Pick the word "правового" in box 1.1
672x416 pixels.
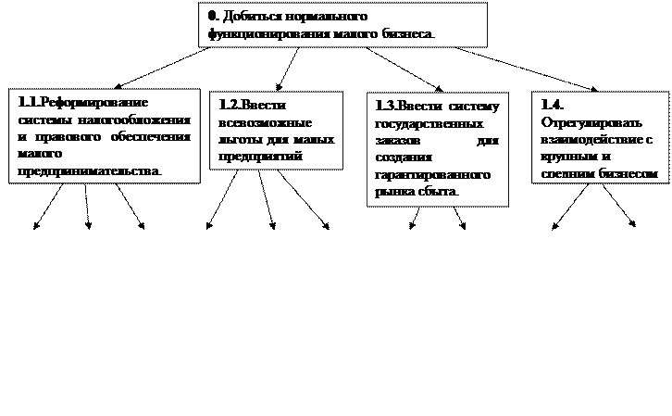pyautogui.click(x=101, y=138)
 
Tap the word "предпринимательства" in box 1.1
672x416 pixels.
pyautogui.click(x=87, y=171)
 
